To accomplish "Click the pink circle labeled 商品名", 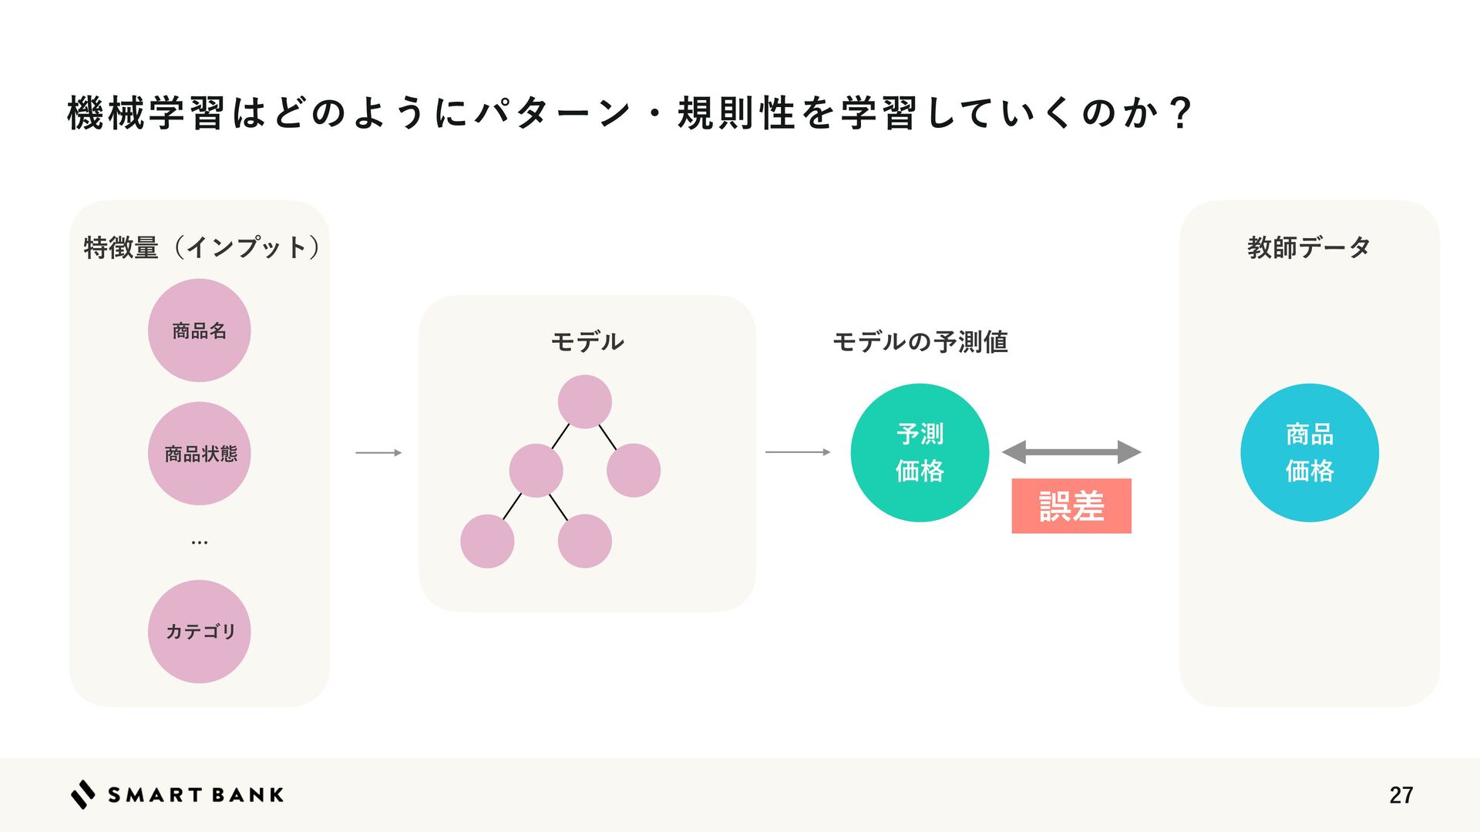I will (x=199, y=330).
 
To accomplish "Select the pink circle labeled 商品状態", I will (x=199, y=453).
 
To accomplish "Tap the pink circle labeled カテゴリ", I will (x=199, y=631).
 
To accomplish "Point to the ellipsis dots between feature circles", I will (x=199, y=543).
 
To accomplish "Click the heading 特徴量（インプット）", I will (x=201, y=247).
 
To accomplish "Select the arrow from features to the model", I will (x=378, y=453).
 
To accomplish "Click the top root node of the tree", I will (x=584, y=401).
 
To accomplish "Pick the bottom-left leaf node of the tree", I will (x=487, y=541).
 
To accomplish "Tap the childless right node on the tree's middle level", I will (x=633, y=470).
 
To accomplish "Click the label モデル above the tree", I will (x=587, y=341).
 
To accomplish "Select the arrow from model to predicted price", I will (x=798, y=452).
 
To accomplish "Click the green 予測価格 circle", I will (x=920, y=452).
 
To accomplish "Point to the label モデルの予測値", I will (x=920, y=341).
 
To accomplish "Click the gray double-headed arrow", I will (x=1071, y=452).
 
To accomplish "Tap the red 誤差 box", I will (x=1071, y=506).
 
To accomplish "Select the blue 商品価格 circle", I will (x=1309, y=452).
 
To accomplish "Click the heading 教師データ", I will (x=1309, y=247).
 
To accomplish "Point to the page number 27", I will (x=1401, y=795).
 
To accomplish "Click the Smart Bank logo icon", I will (x=83, y=794).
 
